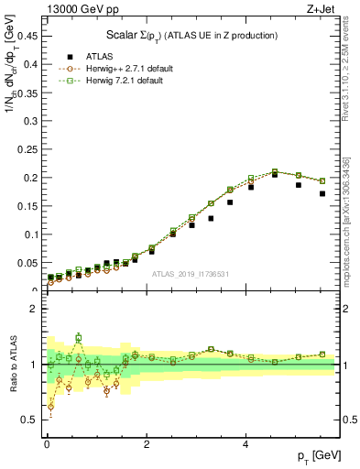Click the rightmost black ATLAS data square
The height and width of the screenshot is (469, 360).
(x=322, y=193)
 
